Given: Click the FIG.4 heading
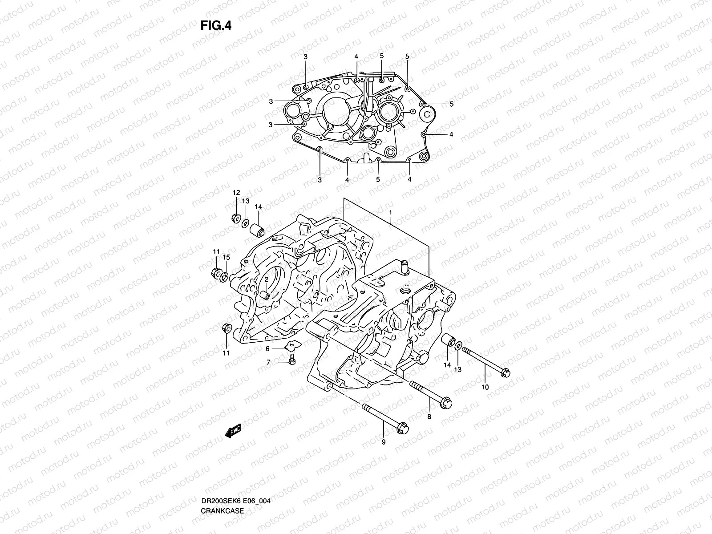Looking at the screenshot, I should [216, 26].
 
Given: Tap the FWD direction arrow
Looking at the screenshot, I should [233, 430].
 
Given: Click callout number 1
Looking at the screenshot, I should [390, 213].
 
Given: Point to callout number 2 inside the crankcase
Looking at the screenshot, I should [266, 279].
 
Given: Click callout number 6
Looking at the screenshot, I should [268, 348].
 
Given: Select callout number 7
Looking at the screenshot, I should [268, 363].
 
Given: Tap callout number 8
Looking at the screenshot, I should [429, 417].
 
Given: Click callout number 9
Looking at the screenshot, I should [384, 442].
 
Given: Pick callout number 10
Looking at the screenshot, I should [485, 387].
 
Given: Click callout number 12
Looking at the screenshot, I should [236, 193].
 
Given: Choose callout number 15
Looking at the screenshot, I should [226, 258].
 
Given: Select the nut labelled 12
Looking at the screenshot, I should [236, 218].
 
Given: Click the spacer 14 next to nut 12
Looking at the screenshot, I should [257, 230].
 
